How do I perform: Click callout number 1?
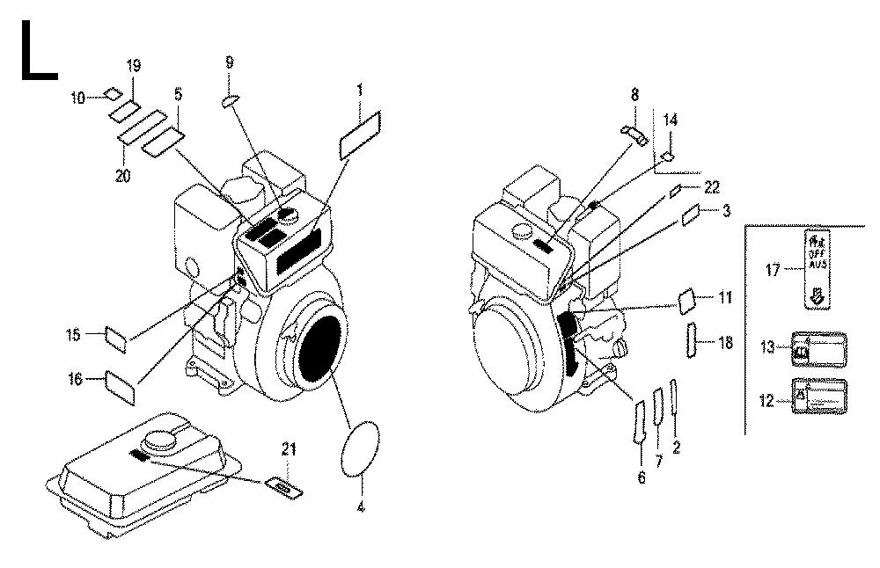360,90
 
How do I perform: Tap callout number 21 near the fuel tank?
283,449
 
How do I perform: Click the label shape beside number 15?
115,338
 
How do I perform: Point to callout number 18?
725,343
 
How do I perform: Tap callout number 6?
642,478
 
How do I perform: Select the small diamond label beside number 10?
112,93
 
